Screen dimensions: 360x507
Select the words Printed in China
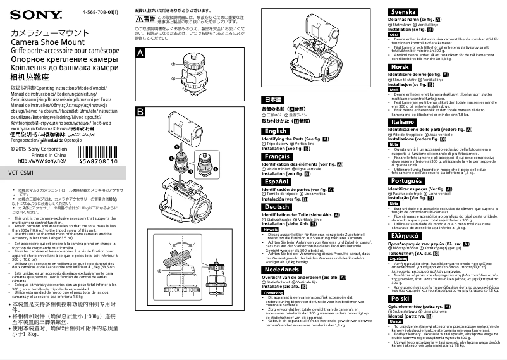tap(48, 154)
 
